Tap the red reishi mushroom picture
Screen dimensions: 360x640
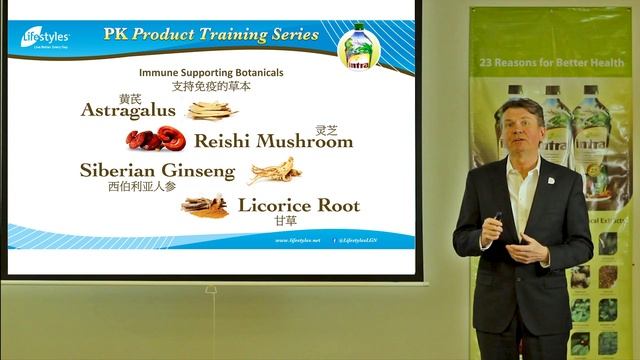click(x=155, y=138)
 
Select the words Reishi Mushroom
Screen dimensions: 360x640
click(x=273, y=141)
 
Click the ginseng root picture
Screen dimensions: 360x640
click(x=274, y=171)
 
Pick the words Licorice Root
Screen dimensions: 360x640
click(x=298, y=206)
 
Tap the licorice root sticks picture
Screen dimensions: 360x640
click(x=204, y=205)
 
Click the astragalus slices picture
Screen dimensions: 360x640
click(x=211, y=110)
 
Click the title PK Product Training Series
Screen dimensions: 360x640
click(x=211, y=35)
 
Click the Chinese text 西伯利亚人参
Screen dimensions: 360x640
click(x=142, y=186)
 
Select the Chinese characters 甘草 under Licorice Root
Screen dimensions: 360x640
click(x=285, y=221)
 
